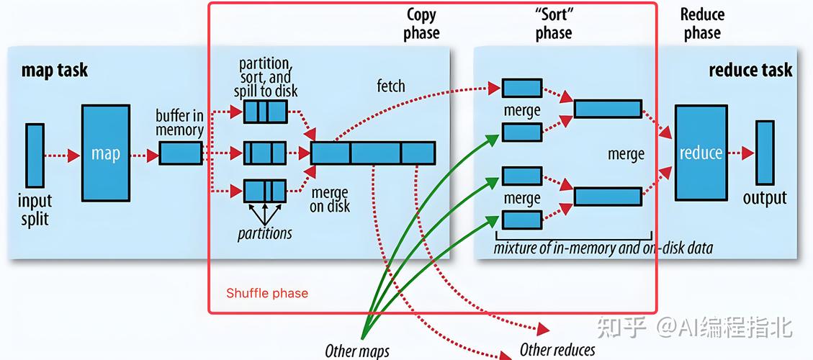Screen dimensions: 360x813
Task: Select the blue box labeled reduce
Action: [x=701, y=153]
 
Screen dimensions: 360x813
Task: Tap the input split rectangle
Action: [x=35, y=154]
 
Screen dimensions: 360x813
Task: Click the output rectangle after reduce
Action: [x=765, y=153]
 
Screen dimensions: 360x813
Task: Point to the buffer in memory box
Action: [x=180, y=153]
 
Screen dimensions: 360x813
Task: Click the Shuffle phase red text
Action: [x=267, y=293]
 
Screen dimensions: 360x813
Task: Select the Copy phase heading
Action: [x=422, y=24]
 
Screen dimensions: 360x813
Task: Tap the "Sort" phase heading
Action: [x=554, y=24]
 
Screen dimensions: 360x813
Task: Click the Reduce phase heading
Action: [x=702, y=24]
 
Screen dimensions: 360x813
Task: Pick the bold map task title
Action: [x=55, y=70]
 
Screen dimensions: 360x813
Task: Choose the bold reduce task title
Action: [x=750, y=70]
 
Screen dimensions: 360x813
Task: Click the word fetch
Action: [x=391, y=86]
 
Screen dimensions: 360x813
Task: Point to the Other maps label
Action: [x=357, y=351]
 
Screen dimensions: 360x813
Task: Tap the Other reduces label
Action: [x=557, y=350]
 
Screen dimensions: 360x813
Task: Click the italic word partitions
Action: [x=265, y=233]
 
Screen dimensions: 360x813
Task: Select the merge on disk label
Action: [x=330, y=199]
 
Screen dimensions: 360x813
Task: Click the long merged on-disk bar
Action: [x=373, y=153]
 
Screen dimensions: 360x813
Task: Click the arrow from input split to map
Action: [x=63, y=155]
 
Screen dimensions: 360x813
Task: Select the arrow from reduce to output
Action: [x=740, y=153]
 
